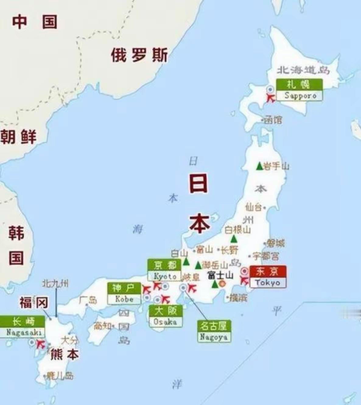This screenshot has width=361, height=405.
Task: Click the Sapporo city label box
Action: (299, 90)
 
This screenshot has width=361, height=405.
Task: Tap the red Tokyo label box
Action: (268, 276)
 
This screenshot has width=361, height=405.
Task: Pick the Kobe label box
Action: (124, 293)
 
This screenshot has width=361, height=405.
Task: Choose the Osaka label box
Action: (165, 316)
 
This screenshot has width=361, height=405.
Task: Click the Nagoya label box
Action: (214, 331)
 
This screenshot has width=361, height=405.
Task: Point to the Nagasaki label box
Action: (23, 327)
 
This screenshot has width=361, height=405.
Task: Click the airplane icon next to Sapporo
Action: (270, 98)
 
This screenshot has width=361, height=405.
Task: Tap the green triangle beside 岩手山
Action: (259, 166)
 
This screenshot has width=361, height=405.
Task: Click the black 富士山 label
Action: (220, 275)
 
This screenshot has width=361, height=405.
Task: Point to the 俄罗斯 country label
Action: (139, 55)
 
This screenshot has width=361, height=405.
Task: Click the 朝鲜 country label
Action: (18, 136)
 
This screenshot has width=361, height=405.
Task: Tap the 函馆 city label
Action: (273, 120)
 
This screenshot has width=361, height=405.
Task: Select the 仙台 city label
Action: (254, 207)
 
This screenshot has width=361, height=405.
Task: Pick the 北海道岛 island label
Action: (303, 70)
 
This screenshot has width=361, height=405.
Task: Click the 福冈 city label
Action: (34, 302)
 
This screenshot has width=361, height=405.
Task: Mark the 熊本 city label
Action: (65, 354)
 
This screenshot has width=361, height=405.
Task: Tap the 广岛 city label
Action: (88, 300)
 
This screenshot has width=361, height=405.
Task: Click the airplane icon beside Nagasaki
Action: (40, 344)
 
